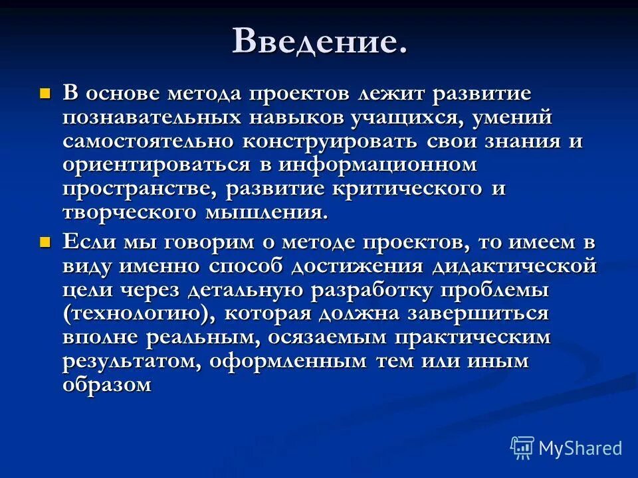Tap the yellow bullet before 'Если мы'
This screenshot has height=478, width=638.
pyautogui.click(x=45, y=242)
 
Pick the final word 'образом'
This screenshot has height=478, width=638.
pyautogui.click(x=108, y=385)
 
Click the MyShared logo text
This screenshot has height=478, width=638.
pyautogui.click(x=580, y=448)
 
